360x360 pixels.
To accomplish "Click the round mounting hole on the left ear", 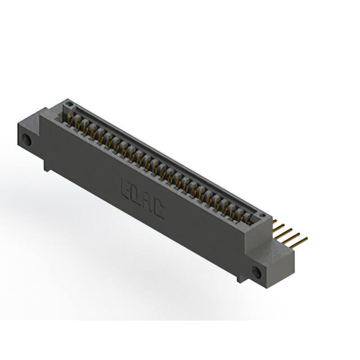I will coord(26,139).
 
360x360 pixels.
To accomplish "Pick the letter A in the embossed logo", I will coord(147,203).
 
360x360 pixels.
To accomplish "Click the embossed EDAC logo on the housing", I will coord(142,200).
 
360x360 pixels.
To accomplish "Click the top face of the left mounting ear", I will coord(39,119).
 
